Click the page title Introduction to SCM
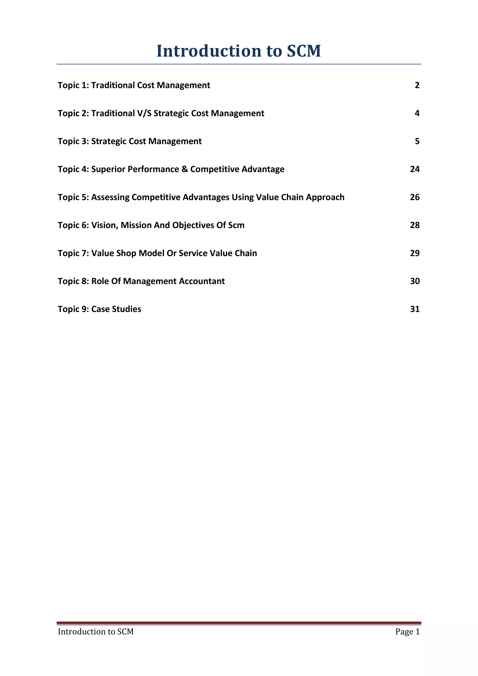[x=239, y=51]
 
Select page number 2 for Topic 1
[x=417, y=85]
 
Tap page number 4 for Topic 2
[x=417, y=113]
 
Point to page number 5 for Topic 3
[x=417, y=141]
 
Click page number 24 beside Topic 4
[x=415, y=169]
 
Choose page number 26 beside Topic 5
[x=415, y=197]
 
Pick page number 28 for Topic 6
[x=415, y=225]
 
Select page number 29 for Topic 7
[x=415, y=253]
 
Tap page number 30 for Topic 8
[x=415, y=281]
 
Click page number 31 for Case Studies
[x=415, y=309]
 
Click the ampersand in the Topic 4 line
[x=185, y=169]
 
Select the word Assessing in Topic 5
[x=110, y=197]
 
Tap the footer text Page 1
[x=407, y=632]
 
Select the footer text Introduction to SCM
[x=96, y=632]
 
